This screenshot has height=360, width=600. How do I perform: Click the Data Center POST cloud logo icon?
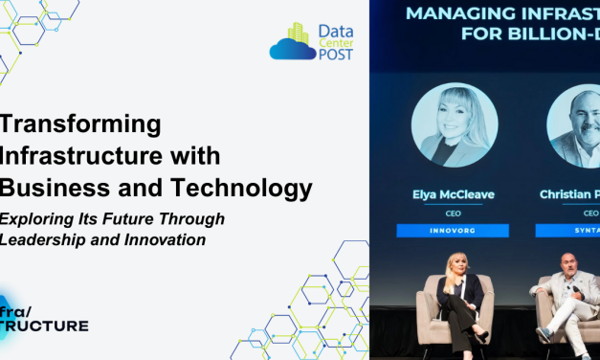coord(293,43)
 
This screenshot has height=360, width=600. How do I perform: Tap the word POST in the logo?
coord(336,55)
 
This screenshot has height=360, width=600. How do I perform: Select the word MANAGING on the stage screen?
coord(453,13)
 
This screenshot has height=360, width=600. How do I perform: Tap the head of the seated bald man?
coord(568,263)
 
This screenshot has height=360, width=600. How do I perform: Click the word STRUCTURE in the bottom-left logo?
coord(45,326)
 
